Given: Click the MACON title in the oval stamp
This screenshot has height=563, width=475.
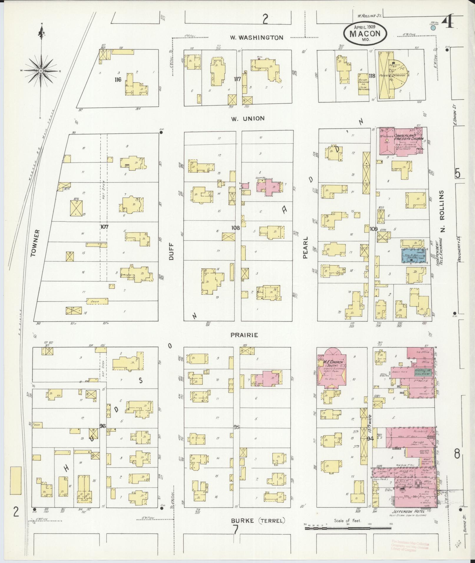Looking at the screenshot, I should [x=365, y=33].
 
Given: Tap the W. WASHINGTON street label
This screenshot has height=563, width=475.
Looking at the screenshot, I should [x=256, y=38].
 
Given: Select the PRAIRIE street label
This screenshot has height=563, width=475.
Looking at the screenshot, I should [x=244, y=335].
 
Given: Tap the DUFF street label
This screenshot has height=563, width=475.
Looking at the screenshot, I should [x=172, y=252].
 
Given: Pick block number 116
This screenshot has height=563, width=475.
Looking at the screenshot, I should [x=118, y=79].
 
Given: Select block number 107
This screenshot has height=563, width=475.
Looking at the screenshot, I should [x=105, y=227].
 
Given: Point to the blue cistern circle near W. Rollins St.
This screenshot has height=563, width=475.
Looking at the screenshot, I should [x=433, y=28].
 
